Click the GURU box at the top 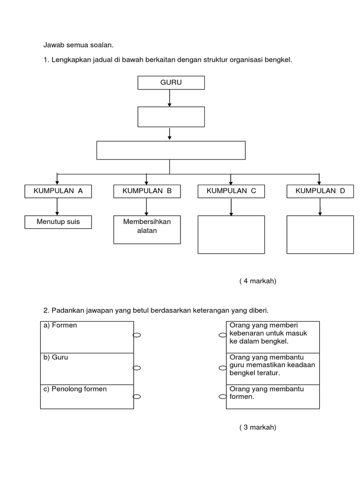pyautogui.click(x=171, y=82)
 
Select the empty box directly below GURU pyautogui.click(x=171, y=117)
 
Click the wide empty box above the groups pyautogui.click(x=171, y=150)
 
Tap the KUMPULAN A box pyautogui.click(x=58, y=191)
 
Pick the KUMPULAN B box pyautogui.click(x=147, y=191)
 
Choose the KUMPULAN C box pyautogui.click(x=231, y=191)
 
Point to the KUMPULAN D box pyautogui.click(x=320, y=191)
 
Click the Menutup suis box pyautogui.click(x=58, y=222)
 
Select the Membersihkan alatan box pyautogui.click(x=147, y=229)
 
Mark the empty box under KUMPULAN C pyautogui.click(x=231, y=234)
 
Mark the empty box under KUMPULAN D pyautogui.click(x=320, y=234)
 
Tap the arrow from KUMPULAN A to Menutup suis pyautogui.click(x=57, y=206)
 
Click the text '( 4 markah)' pyautogui.click(x=258, y=281)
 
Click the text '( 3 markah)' pyautogui.click(x=258, y=427)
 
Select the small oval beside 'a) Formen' pyautogui.click(x=137, y=335)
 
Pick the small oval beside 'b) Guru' pyautogui.click(x=137, y=368)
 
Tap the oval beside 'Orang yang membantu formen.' pyautogui.click(x=223, y=397)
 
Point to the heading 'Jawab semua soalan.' pyautogui.click(x=78, y=45)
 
